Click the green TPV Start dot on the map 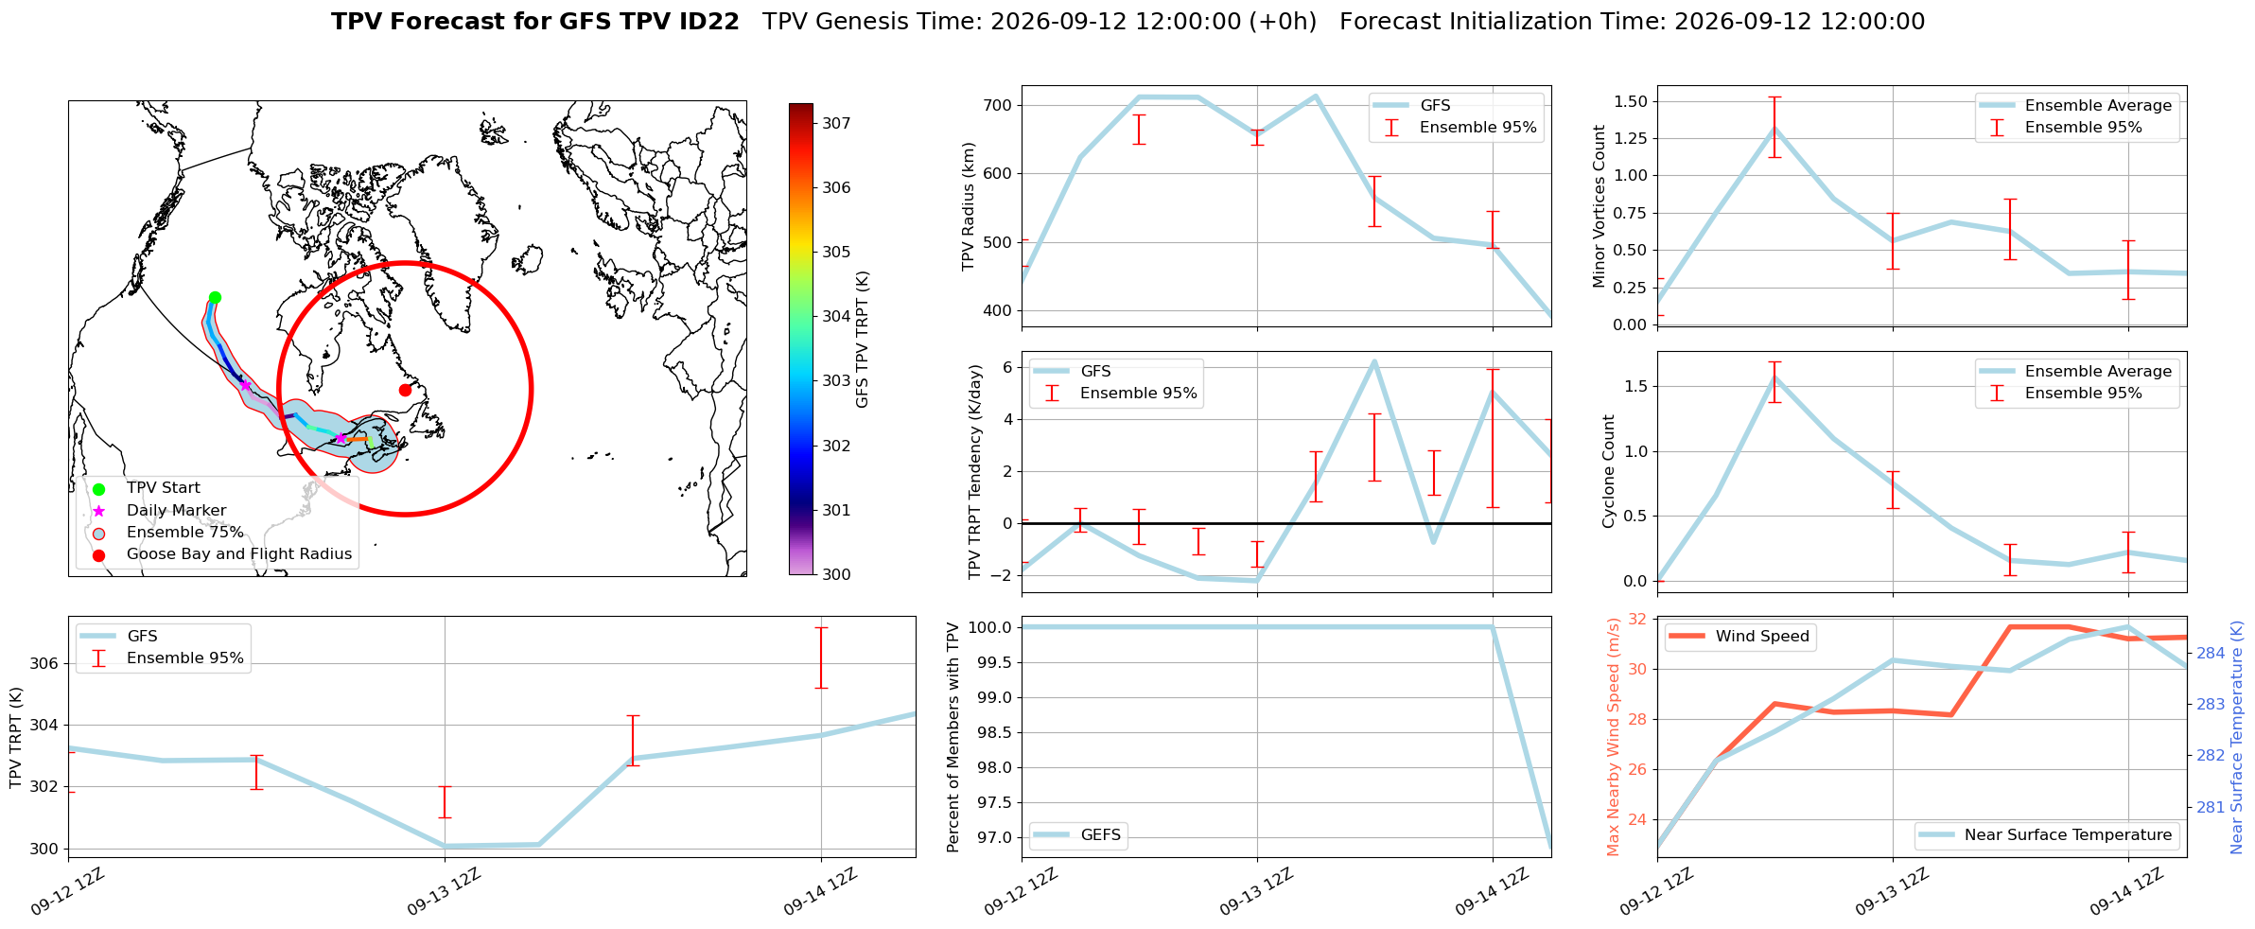pyautogui.click(x=215, y=297)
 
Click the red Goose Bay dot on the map pyautogui.click(x=405, y=390)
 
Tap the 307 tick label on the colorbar pyautogui.click(x=836, y=123)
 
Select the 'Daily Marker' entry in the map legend pyautogui.click(x=176, y=511)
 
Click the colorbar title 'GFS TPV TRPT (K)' pyautogui.click(x=862, y=340)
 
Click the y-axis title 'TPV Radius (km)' pyautogui.click(x=969, y=206)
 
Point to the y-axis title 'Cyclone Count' pyautogui.click(x=1609, y=471)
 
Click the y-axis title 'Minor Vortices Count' pyautogui.click(x=1599, y=206)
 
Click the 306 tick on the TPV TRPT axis pyautogui.click(x=44, y=663)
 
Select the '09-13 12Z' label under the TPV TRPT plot pyautogui.click(x=444, y=892)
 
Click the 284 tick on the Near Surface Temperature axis pyautogui.click(x=2211, y=653)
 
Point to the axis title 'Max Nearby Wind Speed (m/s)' pyautogui.click(x=1614, y=737)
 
